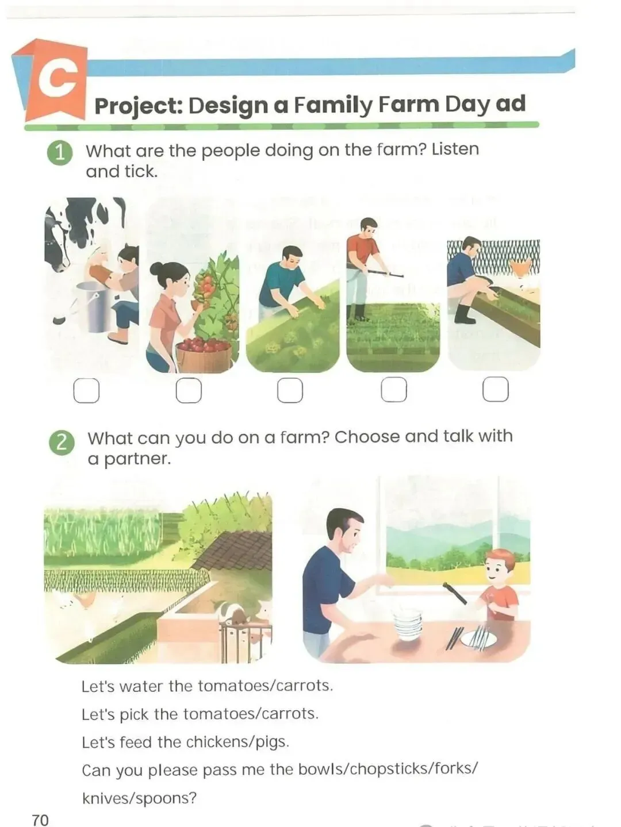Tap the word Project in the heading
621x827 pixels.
point(139,106)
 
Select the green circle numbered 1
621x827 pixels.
point(60,153)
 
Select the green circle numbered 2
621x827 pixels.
point(62,443)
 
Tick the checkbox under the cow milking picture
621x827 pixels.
point(86,391)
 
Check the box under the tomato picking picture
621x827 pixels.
point(189,390)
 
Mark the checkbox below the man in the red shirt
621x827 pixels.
point(394,389)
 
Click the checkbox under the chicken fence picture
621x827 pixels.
point(496,389)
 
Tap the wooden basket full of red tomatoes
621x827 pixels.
point(204,356)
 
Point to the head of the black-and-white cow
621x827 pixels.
point(56,241)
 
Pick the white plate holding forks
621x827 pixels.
point(478,640)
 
